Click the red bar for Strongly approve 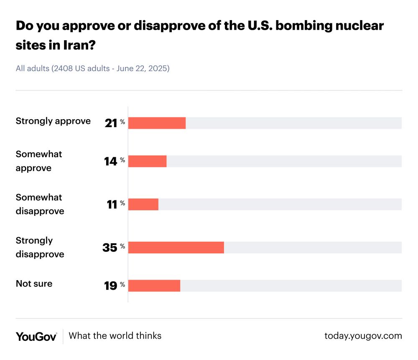(157, 123)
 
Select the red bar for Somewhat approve (147, 161)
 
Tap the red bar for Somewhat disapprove (143, 204)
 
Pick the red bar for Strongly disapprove (176, 248)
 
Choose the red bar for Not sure (154, 286)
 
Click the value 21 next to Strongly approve (111, 123)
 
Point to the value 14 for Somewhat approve (110, 161)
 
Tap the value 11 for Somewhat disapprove (112, 204)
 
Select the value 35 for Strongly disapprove (110, 248)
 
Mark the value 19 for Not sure (110, 286)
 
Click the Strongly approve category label (53, 121)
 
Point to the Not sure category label (34, 283)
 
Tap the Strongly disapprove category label (40, 247)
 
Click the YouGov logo (36, 336)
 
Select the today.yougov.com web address (363, 336)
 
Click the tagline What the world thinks (115, 336)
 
